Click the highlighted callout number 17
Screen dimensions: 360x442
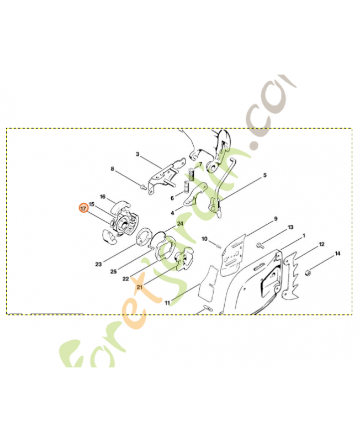pyautogui.click(x=83, y=208)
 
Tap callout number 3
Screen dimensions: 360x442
pyautogui.click(x=137, y=154)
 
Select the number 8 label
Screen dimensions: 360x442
pyautogui.click(x=113, y=169)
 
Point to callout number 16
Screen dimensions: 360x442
pyautogui.click(x=103, y=197)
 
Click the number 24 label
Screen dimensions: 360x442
pyautogui.click(x=180, y=224)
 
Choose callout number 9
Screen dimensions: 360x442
pyautogui.click(x=276, y=218)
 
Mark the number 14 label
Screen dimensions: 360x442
pyautogui.click(x=337, y=254)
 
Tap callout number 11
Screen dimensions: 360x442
pyautogui.click(x=167, y=303)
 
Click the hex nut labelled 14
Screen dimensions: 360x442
pyautogui.click(x=308, y=273)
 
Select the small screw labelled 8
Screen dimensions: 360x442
pyautogui.click(x=143, y=186)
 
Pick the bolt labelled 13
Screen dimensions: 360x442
pyautogui.click(x=260, y=245)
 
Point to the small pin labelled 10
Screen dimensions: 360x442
pyautogui.click(x=218, y=246)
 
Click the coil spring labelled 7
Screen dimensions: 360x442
pyautogui.click(x=192, y=174)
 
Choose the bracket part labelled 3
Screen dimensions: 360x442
pyautogui.click(x=165, y=176)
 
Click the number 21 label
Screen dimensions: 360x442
pyautogui.click(x=140, y=287)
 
